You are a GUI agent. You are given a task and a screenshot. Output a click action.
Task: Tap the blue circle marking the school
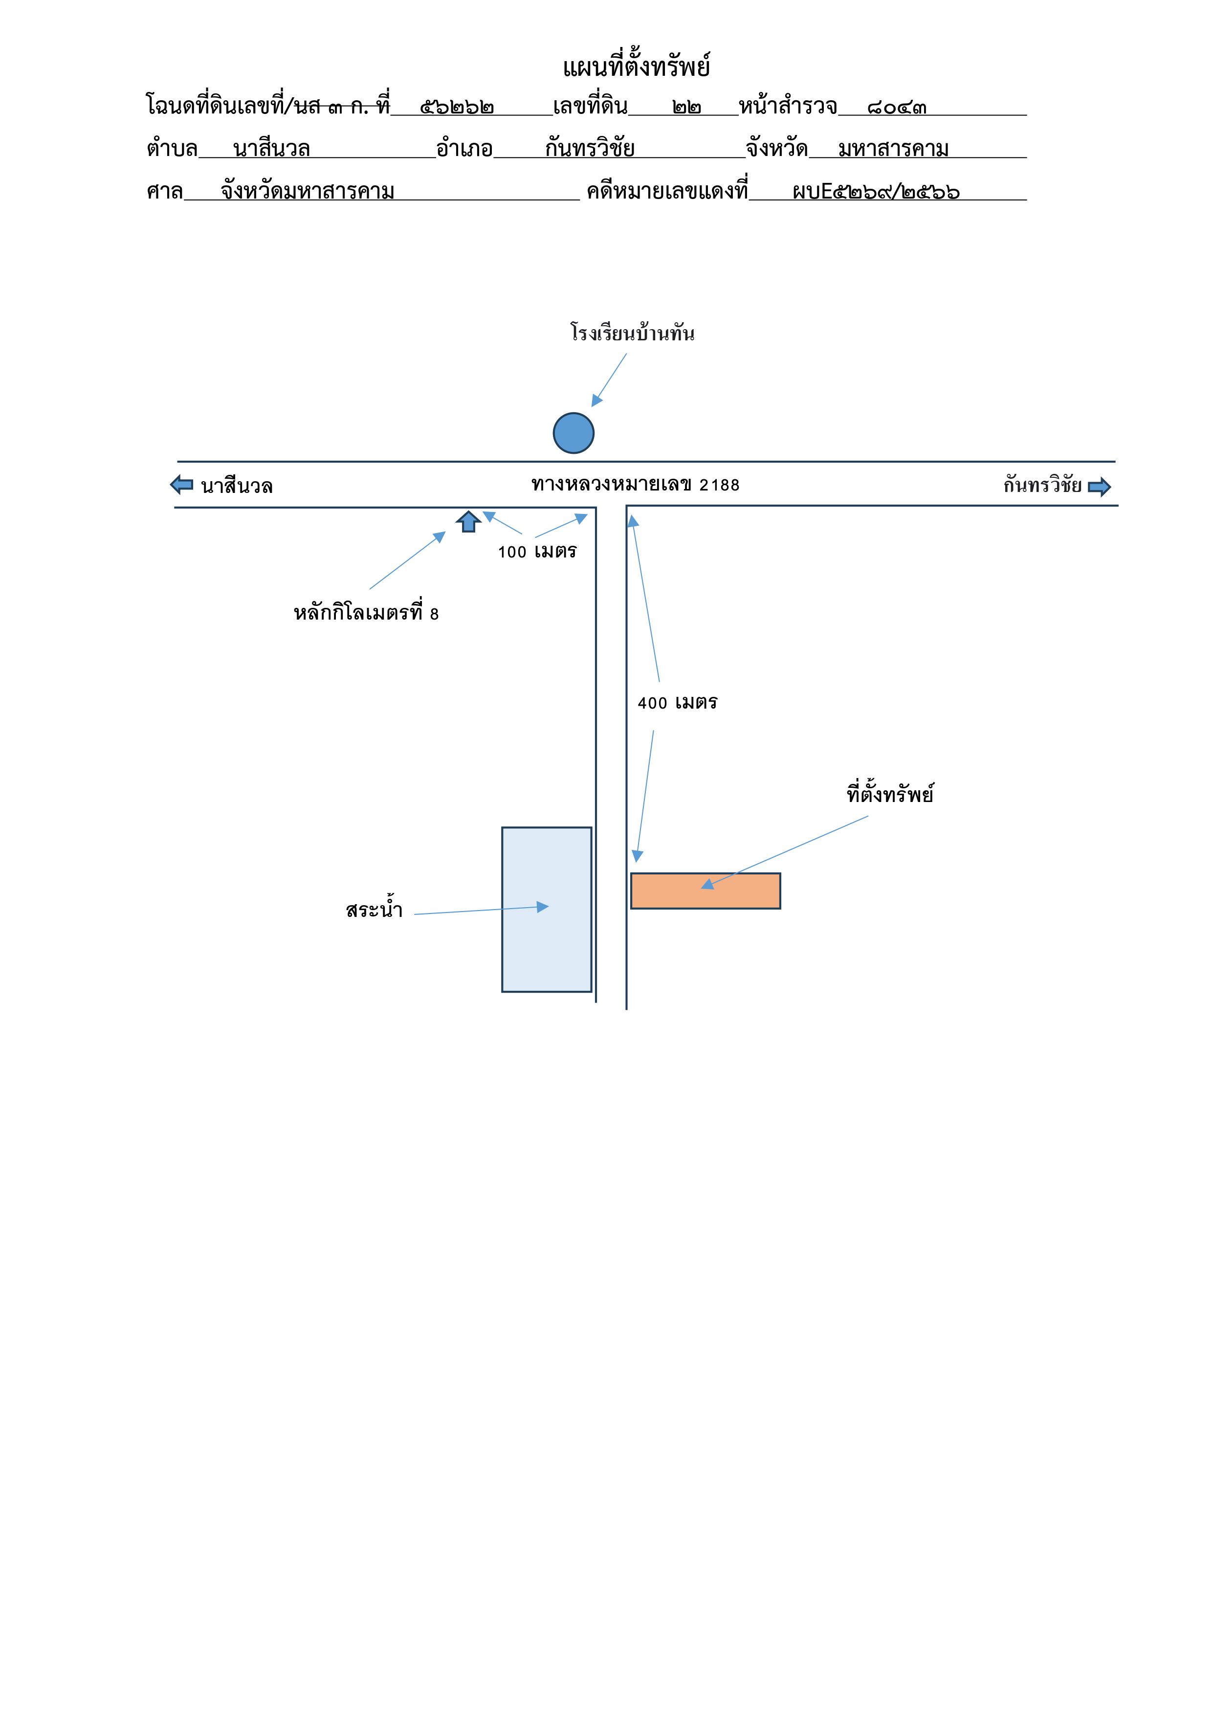573,433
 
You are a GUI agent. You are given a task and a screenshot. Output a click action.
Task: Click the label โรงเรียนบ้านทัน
632,333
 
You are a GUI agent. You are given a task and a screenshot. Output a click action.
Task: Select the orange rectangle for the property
706,891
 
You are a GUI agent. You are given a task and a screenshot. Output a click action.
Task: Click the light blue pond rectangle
546,910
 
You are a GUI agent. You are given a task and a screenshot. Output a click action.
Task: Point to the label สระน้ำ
375,910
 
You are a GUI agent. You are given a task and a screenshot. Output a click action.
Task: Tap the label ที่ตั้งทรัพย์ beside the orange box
890,793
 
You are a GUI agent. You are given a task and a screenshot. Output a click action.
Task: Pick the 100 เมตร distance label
537,552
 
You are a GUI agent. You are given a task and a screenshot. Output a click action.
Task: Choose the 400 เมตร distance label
677,703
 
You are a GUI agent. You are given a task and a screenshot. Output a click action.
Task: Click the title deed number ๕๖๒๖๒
457,107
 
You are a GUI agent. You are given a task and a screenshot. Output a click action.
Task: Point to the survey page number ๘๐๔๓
897,107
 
